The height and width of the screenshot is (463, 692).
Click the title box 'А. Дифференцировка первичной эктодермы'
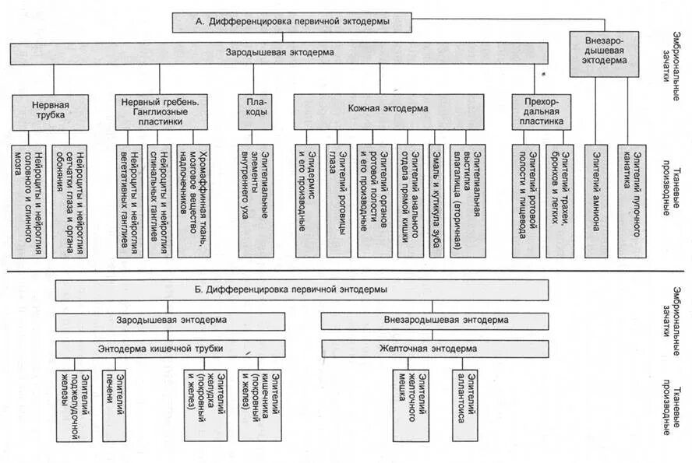pos(291,22)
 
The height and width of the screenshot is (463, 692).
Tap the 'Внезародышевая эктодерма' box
pos(598,53)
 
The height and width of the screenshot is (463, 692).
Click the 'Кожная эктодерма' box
pos(387,110)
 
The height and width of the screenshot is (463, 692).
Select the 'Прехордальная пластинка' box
pos(538,110)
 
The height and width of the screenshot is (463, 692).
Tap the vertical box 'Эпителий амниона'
pos(597,200)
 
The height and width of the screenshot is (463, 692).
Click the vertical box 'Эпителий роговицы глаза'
pos(338,200)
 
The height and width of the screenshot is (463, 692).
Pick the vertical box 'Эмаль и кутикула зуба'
pos(436,200)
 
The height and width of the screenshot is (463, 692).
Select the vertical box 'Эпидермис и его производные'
pos(307,200)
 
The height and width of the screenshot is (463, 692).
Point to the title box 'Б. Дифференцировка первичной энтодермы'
pos(301,289)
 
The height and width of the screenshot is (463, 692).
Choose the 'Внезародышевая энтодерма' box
pos(435,320)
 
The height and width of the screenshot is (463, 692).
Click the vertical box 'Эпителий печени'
pos(114,399)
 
